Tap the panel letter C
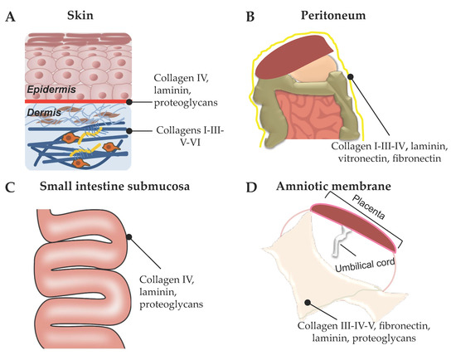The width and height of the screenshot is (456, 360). (10, 187)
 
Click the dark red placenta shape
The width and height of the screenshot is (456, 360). (352, 232)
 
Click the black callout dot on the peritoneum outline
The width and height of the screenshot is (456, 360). (352, 76)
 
